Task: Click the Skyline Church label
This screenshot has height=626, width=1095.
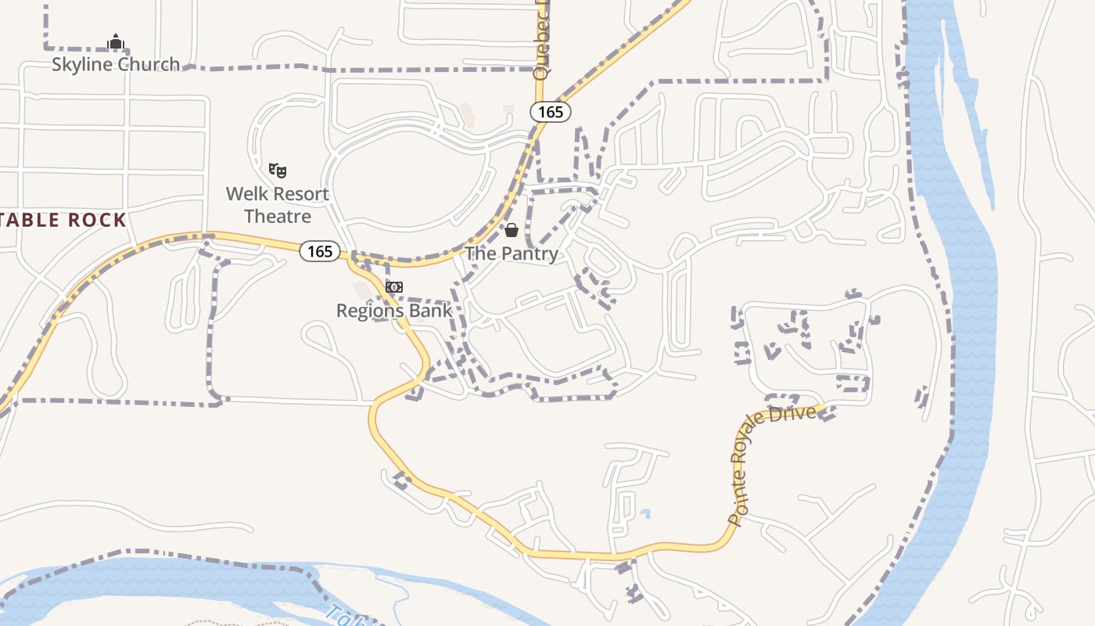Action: (116, 64)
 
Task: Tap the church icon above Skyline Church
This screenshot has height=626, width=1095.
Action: (116, 42)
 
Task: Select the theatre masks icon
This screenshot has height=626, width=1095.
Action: (278, 169)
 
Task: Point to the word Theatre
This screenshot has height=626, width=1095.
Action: (278, 216)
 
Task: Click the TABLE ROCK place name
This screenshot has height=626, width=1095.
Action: (63, 220)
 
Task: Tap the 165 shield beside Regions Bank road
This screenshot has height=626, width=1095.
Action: (320, 251)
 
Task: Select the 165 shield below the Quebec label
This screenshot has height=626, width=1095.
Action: (551, 112)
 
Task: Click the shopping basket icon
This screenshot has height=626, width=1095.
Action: (512, 230)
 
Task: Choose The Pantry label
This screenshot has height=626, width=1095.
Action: (512, 254)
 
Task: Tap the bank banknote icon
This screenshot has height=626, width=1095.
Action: (394, 287)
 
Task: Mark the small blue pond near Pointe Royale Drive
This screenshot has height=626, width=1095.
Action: (644, 513)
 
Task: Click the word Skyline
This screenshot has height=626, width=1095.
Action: (81, 64)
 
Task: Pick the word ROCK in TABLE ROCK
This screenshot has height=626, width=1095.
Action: (97, 220)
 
